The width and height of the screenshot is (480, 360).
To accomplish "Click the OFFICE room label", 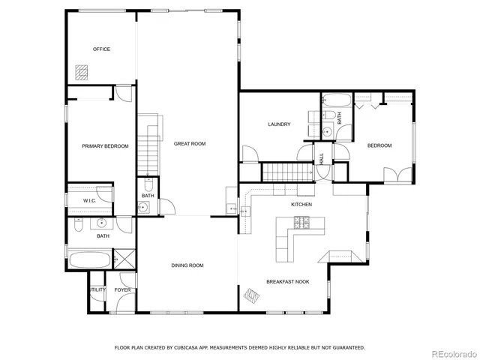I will click(x=101, y=49).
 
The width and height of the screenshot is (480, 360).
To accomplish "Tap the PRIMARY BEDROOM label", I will click(x=105, y=146).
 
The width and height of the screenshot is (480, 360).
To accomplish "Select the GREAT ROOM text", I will click(x=190, y=143).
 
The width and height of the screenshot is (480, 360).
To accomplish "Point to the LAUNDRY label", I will click(x=279, y=124).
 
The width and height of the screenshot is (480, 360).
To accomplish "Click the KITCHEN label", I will click(x=301, y=204).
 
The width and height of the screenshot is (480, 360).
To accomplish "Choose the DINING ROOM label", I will click(x=187, y=265).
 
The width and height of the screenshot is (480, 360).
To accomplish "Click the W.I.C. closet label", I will click(x=88, y=202).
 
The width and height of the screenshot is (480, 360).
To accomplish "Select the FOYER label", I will click(x=122, y=289).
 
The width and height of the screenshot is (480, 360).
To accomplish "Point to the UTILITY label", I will click(x=97, y=289).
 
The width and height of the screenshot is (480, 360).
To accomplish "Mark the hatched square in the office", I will click(x=81, y=72).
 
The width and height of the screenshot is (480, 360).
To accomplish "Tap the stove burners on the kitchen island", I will click(x=301, y=222).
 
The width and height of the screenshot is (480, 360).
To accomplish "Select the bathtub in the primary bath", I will click(x=89, y=262).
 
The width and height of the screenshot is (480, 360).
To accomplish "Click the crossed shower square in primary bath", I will click(x=125, y=261).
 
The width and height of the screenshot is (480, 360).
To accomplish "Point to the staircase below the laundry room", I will click(x=286, y=172).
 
